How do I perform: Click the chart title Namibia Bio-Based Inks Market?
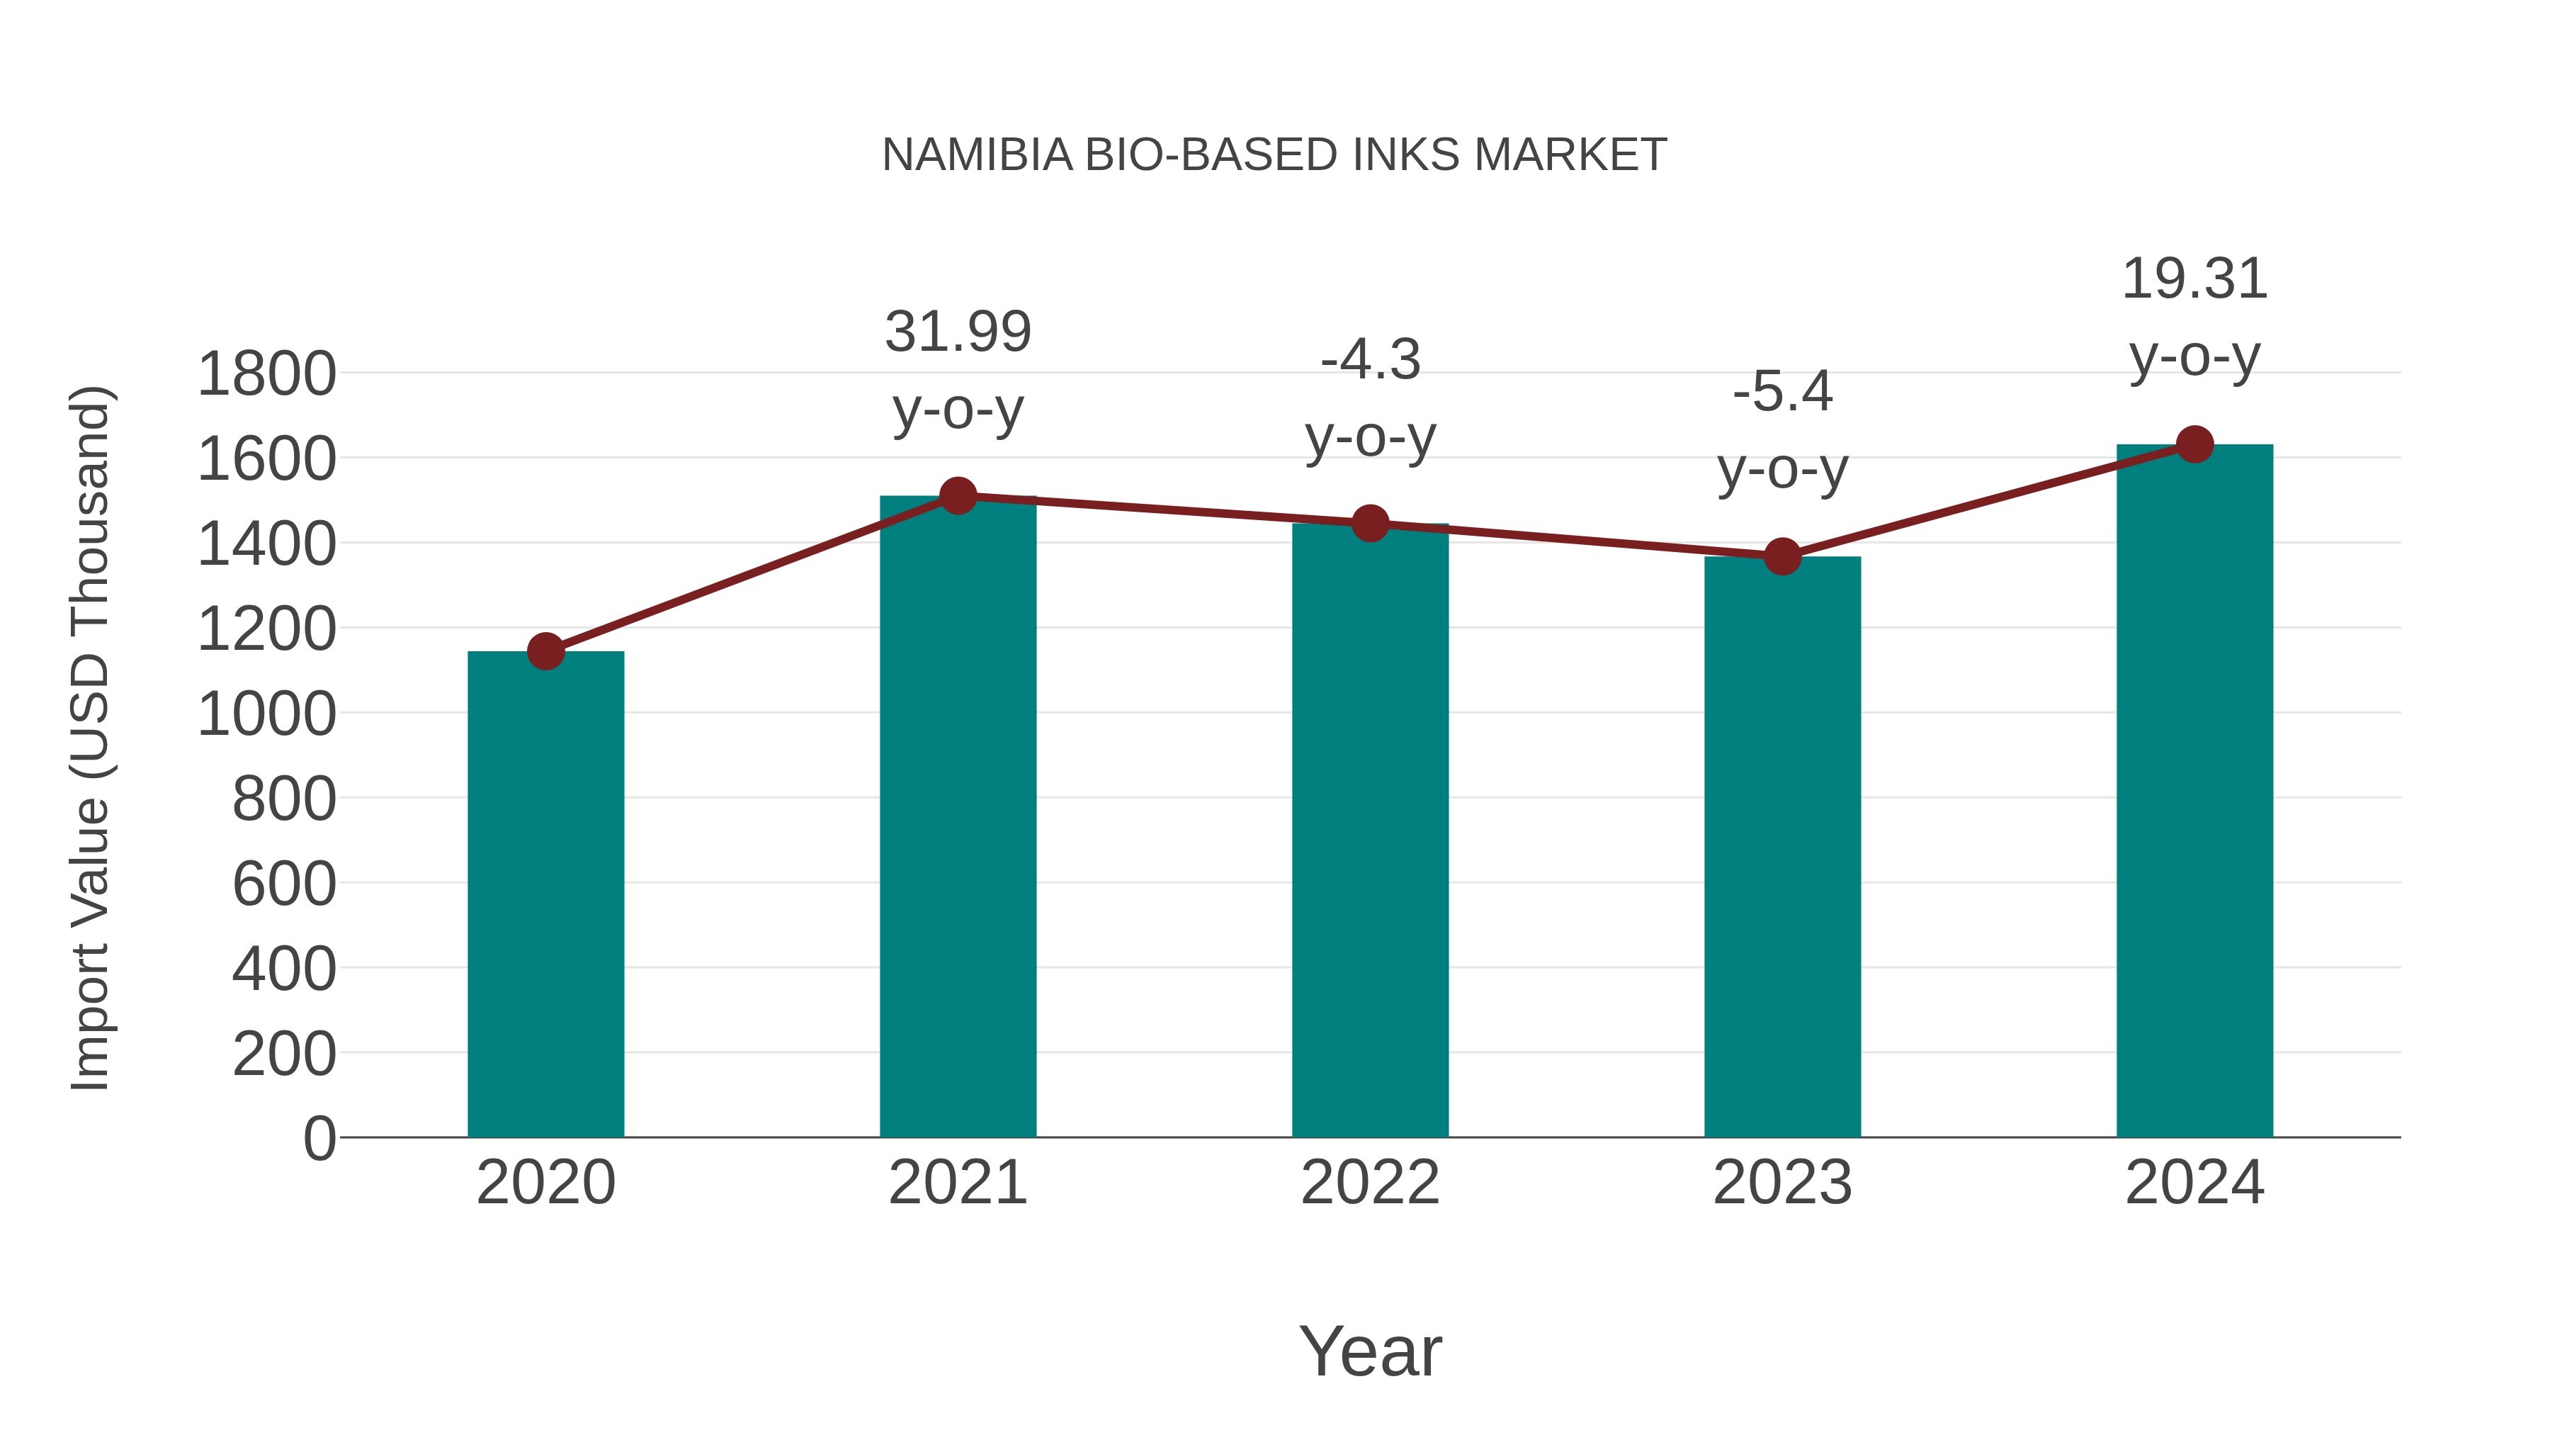[1274, 155]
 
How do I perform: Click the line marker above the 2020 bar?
[545, 652]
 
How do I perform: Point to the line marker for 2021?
[957, 495]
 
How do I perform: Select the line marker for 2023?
[1782, 556]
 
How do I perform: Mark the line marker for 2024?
[2194, 444]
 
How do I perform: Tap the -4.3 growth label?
[1370, 398]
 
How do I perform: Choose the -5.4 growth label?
[1782, 430]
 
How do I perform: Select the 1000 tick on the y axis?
[266, 714]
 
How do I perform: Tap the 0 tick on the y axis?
[319, 1138]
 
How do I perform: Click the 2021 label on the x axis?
[957, 1183]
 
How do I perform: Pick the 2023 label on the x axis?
[1782, 1183]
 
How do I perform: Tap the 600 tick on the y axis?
[283, 884]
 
